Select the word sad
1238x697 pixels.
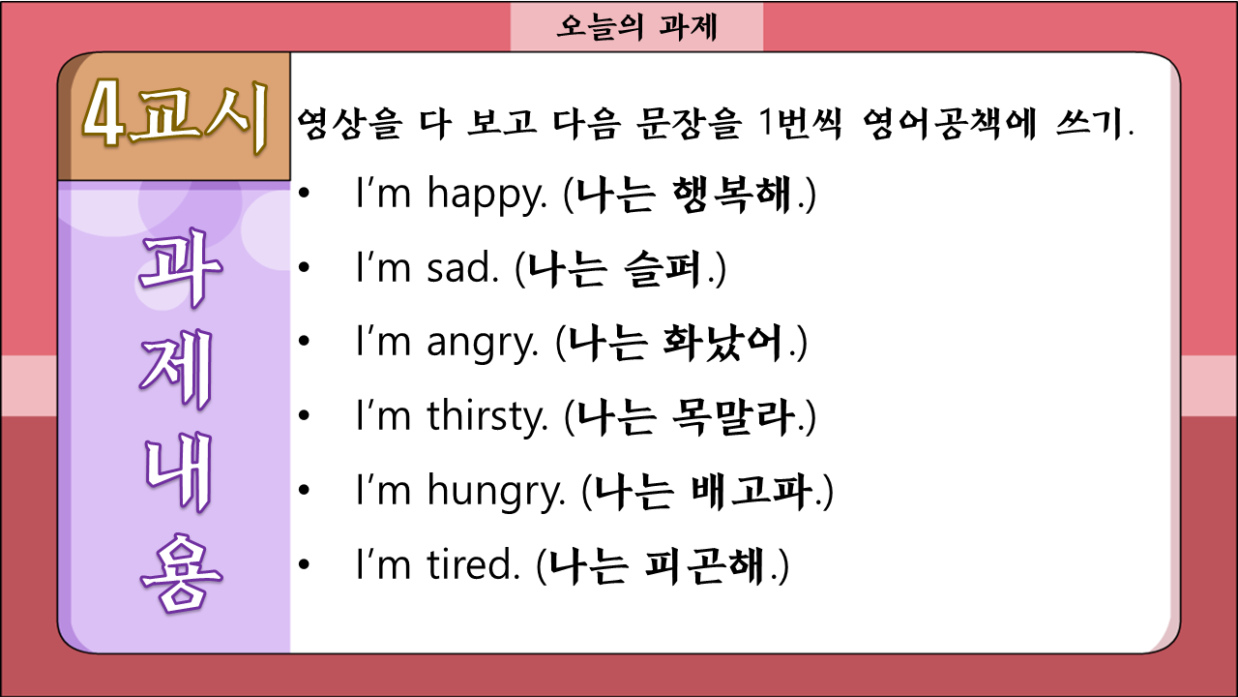pyautogui.click(x=462, y=268)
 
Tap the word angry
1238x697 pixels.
pyautogui.click(x=483, y=343)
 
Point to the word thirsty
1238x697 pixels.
pyautogui.click(x=487, y=416)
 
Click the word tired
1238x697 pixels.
pyautogui.click(x=474, y=564)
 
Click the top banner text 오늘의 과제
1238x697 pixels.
pyautogui.click(x=636, y=27)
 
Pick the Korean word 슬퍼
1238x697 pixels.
pyautogui.click(x=663, y=269)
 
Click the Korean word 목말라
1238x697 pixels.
pyautogui.click(x=735, y=417)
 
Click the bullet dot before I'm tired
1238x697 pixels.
pyautogui.click(x=304, y=564)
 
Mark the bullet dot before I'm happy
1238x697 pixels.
pyautogui.click(x=304, y=193)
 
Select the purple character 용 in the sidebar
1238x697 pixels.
pyautogui.click(x=181, y=573)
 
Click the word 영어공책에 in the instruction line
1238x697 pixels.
pyautogui.click(x=949, y=124)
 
